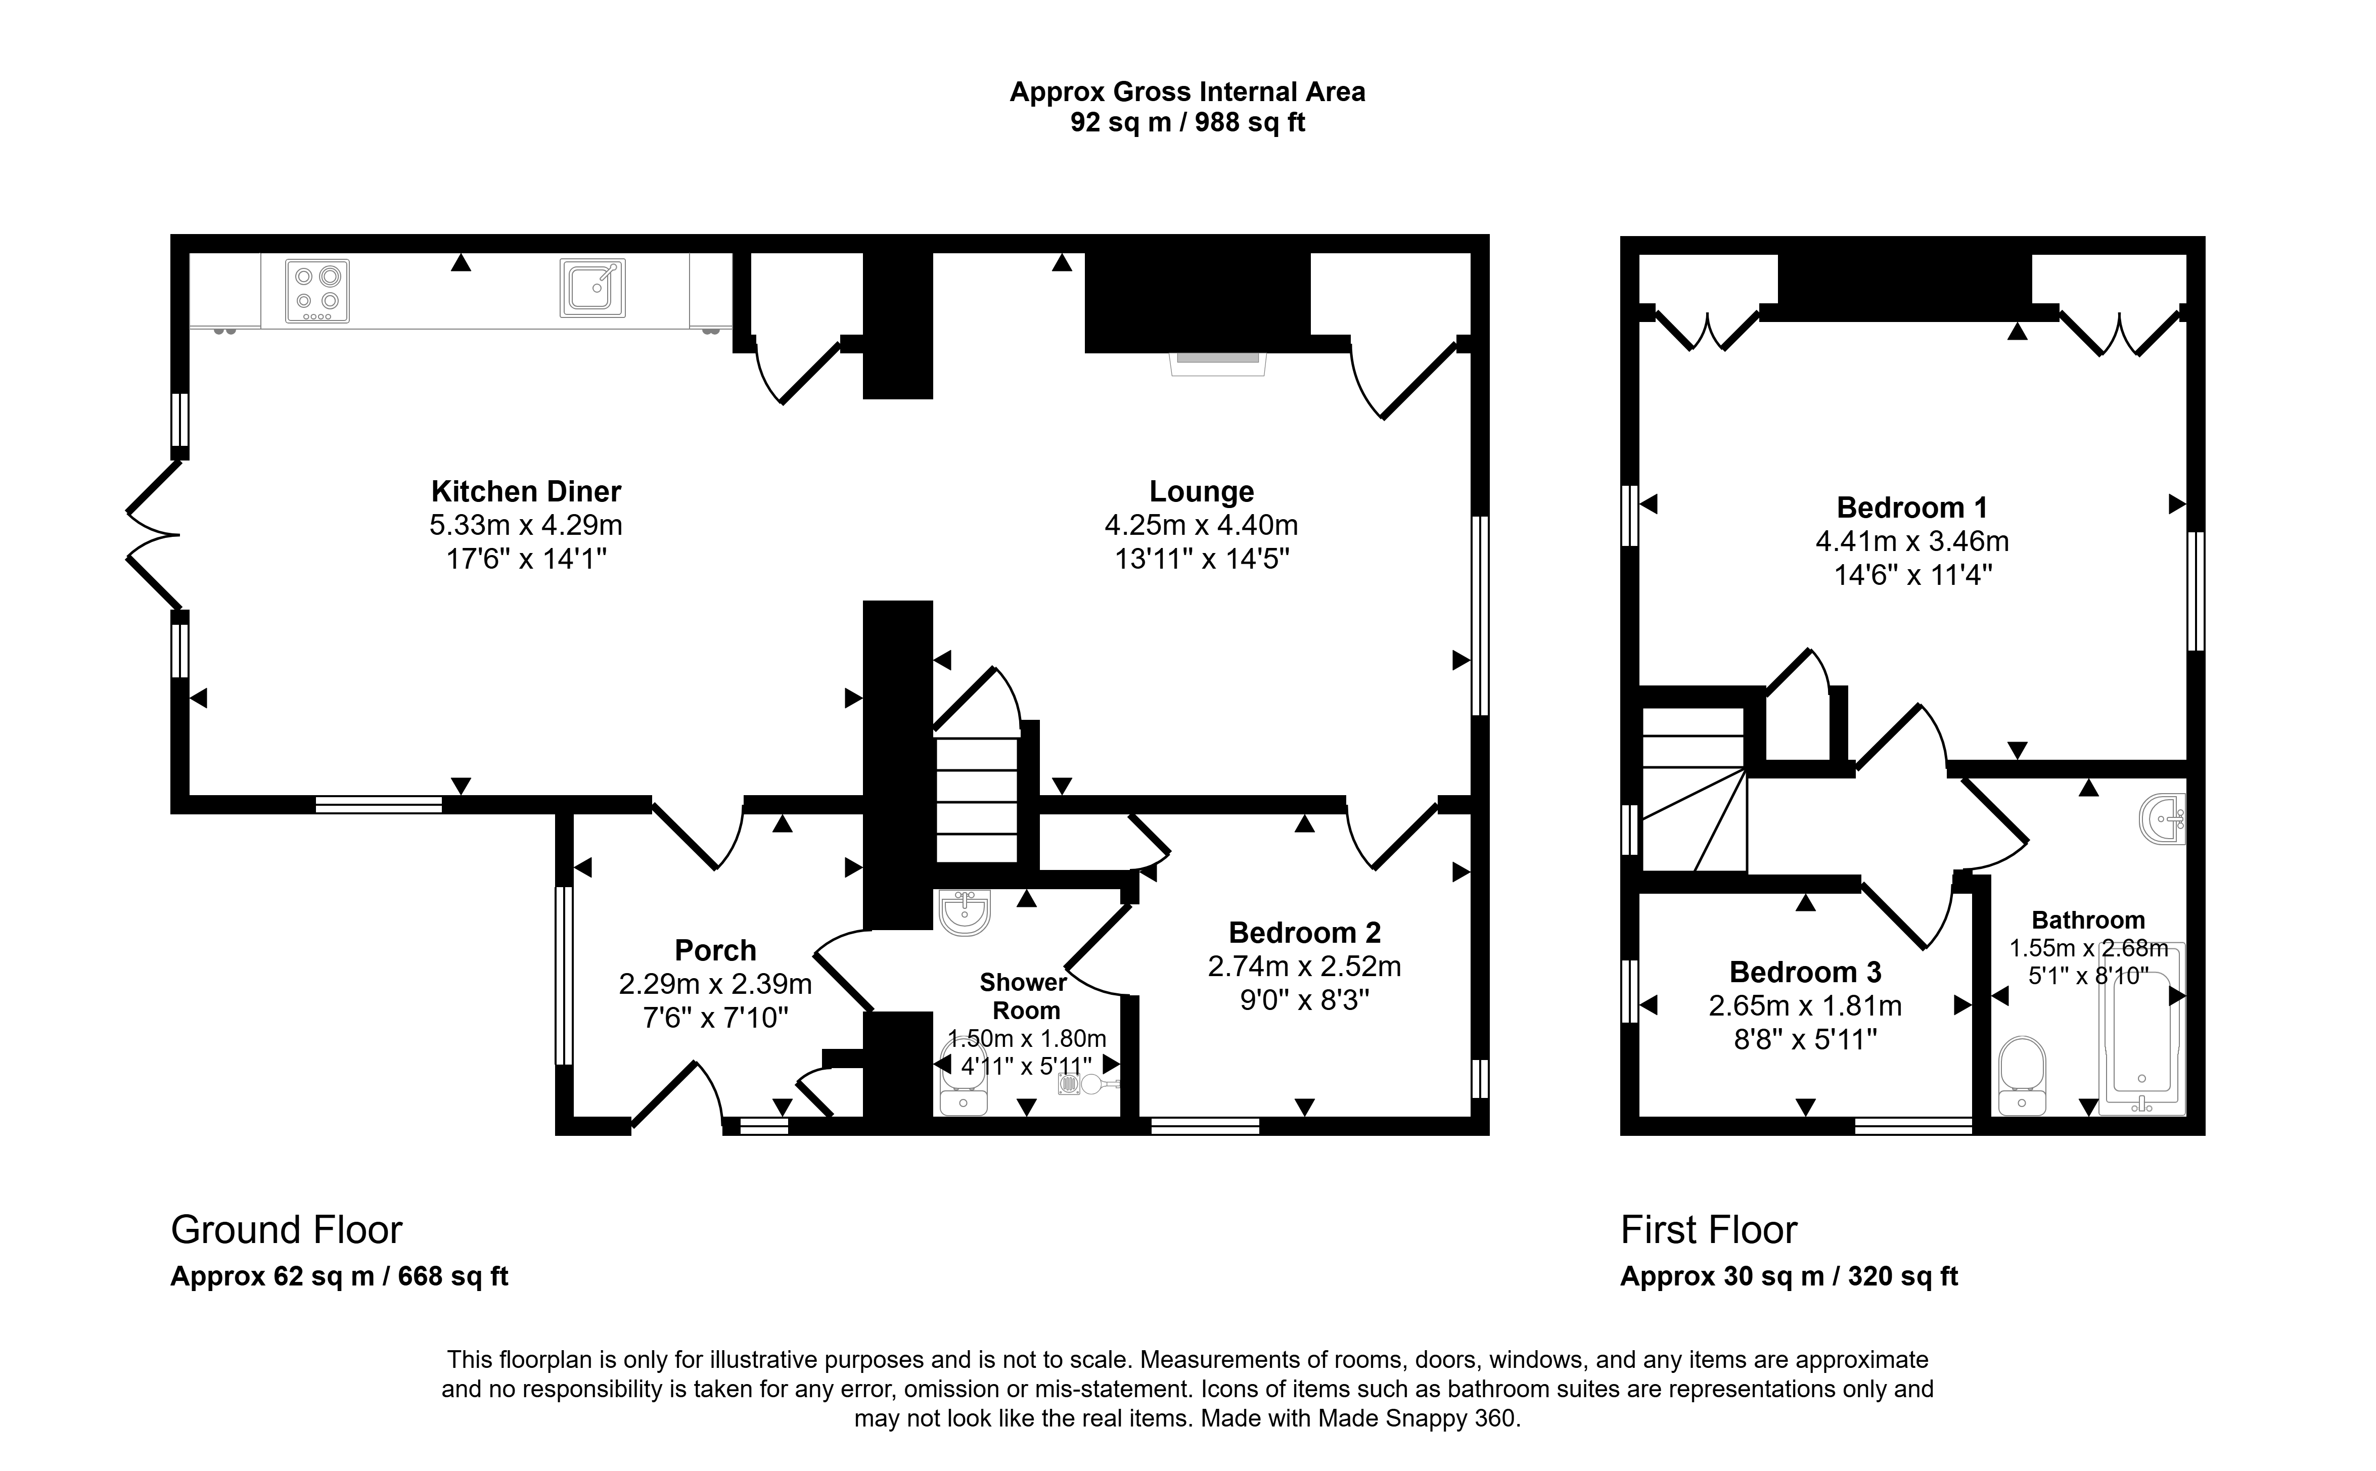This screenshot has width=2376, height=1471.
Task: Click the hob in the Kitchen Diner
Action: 317,291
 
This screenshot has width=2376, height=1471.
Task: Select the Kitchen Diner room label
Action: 526,491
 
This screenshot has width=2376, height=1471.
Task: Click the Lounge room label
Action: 1202,491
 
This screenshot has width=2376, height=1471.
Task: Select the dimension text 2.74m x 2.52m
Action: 1304,966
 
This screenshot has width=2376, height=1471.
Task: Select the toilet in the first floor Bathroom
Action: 2022,1075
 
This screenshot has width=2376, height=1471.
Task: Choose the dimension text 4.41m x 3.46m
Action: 1912,541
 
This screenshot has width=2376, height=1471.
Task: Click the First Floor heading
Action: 1709,1231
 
